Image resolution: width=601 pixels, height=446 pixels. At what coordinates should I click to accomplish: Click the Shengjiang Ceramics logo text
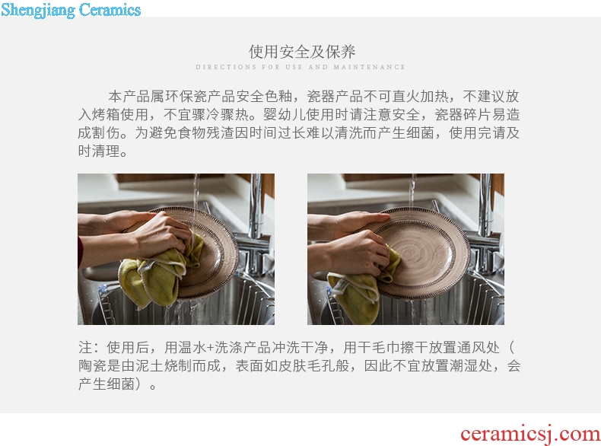71,10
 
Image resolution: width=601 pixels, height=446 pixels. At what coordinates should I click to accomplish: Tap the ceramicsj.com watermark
530,434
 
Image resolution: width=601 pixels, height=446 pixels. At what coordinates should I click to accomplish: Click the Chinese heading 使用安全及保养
302,52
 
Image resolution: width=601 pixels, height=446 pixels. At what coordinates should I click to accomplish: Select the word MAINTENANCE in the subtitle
369,67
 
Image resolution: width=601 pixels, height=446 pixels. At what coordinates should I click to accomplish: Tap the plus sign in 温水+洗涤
210,348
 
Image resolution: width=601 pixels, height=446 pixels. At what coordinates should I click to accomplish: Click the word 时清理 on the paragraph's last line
99,151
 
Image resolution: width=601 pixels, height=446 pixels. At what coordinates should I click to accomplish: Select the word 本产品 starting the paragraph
129,96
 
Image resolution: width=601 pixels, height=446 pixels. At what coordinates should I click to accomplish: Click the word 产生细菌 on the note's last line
107,384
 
